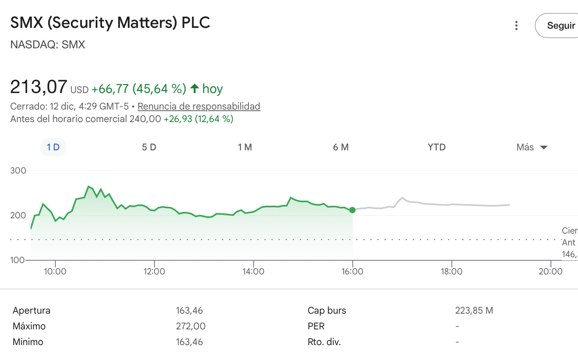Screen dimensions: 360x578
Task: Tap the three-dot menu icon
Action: pyautogui.click(x=516, y=26)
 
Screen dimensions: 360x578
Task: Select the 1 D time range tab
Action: pyautogui.click(x=53, y=147)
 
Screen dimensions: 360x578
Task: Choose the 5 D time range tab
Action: pyautogui.click(x=149, y=147)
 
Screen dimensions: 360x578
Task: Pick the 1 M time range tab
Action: pyautogui.click(x=245, y=147)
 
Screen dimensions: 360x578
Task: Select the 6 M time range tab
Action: pyautogui.click(x=341, y=147)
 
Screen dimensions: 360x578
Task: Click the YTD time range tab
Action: pyautogui.click(x=437, y=147)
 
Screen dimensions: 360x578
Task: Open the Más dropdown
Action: pyautogui.click(x=532, y=147)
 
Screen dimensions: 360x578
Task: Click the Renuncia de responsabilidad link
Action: pyautogui.click(x=199, y=106)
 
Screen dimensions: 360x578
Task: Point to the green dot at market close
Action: pyautogui.click(x=352, y=210)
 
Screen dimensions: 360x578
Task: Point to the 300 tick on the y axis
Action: pyautogui.click(x=18, y=171)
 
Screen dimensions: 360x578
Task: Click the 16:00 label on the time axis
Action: pyautogui.click(x=352, y=271)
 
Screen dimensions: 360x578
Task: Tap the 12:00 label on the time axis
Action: pyautogui.click(x=154, y=271)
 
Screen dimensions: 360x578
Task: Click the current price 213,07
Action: pyautogui.click(x=38, y=87)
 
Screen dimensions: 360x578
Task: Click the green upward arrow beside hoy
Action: pyautogui.click(x=194, y=88)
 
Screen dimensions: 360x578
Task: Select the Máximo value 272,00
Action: pyautogui.click(x=191, y=326)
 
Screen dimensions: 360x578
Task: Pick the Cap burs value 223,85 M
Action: pyautogui.click(x=474, y=311)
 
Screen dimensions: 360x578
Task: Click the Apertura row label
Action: pyautogui.click(x=31, y=311)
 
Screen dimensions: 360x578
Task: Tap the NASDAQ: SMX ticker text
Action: pyautogui.click(x=47, y=45)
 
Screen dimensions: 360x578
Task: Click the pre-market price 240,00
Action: pyautogui.click(x=145, y=119)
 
